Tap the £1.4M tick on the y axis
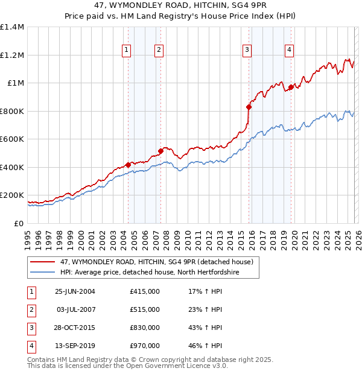click(x=12, y=27)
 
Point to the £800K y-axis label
click(x=12, y=111)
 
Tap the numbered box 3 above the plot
click(x=247, y=50)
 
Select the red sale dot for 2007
click(x=160, y=151)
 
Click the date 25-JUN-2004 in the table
click(x=75, y=291)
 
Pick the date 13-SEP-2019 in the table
click(x=75, y=346)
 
